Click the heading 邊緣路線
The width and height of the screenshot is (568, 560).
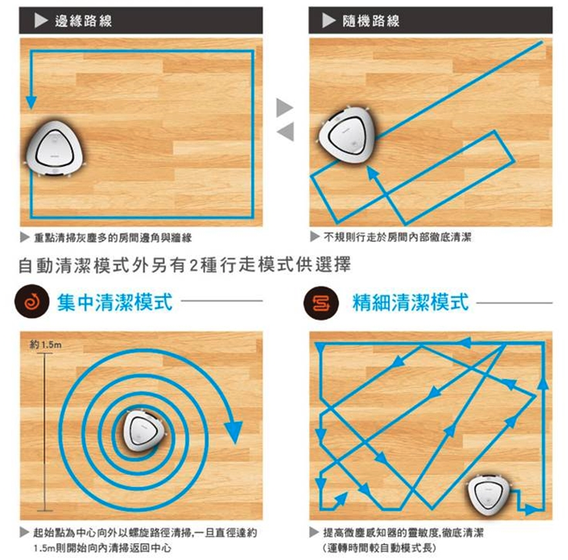83,21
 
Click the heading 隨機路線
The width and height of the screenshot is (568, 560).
371,21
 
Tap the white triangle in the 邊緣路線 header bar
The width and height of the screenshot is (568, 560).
41,21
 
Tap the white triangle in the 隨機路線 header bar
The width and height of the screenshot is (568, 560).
328,21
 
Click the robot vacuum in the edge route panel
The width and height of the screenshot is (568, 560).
55,148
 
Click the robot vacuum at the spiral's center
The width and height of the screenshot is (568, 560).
145,430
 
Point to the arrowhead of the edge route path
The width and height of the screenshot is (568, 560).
32,103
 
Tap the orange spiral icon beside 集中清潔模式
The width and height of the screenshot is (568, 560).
32,301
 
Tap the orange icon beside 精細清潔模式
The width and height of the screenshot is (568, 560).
321,303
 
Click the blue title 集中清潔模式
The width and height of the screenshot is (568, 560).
115,302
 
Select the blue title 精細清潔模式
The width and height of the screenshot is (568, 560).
411,303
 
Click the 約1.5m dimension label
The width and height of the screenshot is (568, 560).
46,344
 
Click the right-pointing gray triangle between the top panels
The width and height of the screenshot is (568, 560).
284,107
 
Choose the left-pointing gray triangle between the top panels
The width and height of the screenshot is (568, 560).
285,131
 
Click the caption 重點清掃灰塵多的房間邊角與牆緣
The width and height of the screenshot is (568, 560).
113,238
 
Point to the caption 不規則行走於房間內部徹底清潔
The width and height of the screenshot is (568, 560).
397,237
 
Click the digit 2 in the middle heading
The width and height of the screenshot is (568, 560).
193,266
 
